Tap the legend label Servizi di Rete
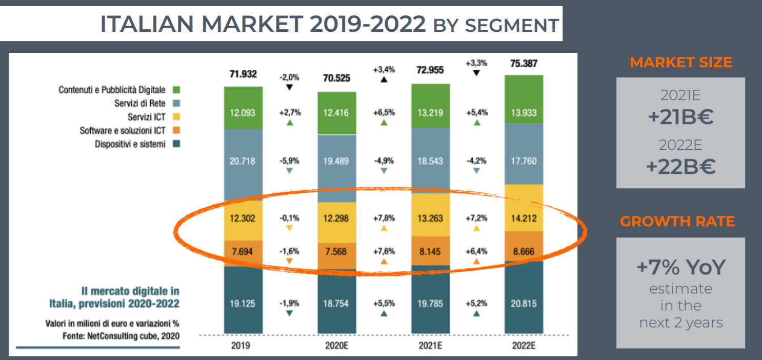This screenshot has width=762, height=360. pos(139,104)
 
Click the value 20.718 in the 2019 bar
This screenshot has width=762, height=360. pos(243,161)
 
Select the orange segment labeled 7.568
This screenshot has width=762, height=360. pos(336,251)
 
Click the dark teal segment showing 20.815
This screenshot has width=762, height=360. pos(524,304)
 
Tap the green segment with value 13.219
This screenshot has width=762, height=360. pos(430,113)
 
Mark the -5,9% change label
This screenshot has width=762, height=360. pos(290,161)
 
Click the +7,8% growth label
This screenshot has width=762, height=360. pos(384,218)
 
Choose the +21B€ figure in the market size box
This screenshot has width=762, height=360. pos(680,117)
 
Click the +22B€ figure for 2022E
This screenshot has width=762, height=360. pos(680,168)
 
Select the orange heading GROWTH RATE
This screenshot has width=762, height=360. pos(677,222)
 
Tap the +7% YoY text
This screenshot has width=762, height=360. pos(680,268)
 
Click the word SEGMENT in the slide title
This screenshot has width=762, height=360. pos(511,26)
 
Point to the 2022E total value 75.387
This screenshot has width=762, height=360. pos(524,63)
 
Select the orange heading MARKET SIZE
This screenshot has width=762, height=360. pos(680,63)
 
